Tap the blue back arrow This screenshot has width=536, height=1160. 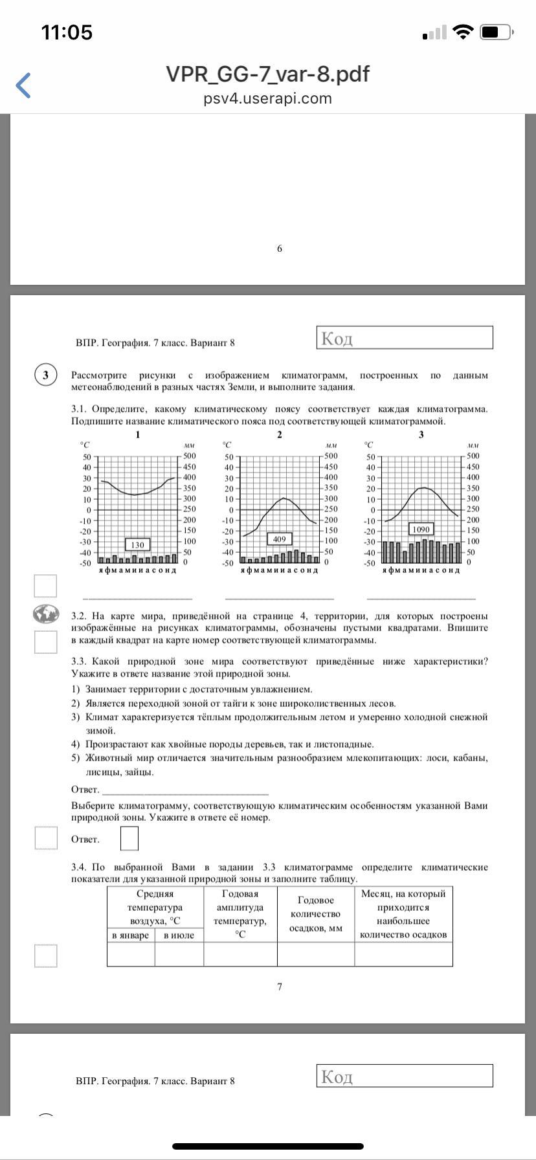pos(23,85)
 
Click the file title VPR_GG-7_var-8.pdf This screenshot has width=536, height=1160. pos(267,74)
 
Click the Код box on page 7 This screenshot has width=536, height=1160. pos(405,338)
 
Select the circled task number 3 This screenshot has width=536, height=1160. pos(45,376)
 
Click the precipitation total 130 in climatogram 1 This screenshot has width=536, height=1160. pos(137,545)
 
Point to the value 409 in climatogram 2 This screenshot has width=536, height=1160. pos(279,539)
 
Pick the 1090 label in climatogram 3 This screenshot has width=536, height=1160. pos(421,530)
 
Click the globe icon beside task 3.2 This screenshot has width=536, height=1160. pos(46,614)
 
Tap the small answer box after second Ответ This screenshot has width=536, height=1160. pos(129,839)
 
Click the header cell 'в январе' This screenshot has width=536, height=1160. pos(130,935)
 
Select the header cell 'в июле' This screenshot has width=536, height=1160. pos(179,935)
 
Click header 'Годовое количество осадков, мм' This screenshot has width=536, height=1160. pos(315,914)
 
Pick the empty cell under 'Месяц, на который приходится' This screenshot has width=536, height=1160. pos(403,954)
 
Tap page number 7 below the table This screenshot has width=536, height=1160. pos(280,987)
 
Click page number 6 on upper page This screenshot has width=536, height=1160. pos(280,249)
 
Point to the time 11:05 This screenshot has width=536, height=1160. pos(67,32)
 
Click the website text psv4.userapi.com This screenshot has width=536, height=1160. pos(267,98)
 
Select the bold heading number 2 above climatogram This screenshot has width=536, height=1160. pos(280,434)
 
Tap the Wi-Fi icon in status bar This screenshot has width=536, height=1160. pos(463,32)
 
